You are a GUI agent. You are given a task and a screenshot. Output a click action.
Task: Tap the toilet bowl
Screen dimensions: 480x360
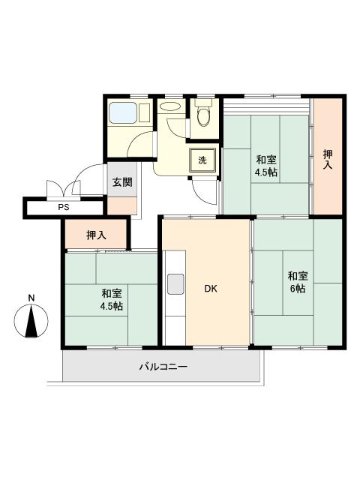click(x=202, y=117)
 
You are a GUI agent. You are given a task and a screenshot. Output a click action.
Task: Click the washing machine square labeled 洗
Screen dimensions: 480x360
click(x=202, y=160)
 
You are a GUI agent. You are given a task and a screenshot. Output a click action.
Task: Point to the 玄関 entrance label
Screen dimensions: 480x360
click(x=122, y=182)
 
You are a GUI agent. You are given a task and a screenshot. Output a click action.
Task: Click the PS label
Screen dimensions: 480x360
click(x=63, y=207)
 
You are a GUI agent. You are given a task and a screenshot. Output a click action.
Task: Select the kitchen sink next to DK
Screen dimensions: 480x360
click(x=175, y=284)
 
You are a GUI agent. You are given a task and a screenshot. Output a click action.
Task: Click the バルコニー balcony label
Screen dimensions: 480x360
click(x=163, y=367)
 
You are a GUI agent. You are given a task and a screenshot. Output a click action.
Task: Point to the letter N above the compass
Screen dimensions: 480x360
click(x=31, y=298)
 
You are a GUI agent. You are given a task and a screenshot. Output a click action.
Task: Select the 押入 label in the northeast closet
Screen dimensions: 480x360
click(x=328, y=159)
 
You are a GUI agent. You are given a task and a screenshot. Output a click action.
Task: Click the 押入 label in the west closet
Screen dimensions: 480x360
click(x=96, y=235)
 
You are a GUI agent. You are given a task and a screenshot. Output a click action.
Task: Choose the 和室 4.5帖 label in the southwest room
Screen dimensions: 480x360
click(x=112, y=300)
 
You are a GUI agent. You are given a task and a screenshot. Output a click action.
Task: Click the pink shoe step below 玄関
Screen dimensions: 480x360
click(x=123, y=205)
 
